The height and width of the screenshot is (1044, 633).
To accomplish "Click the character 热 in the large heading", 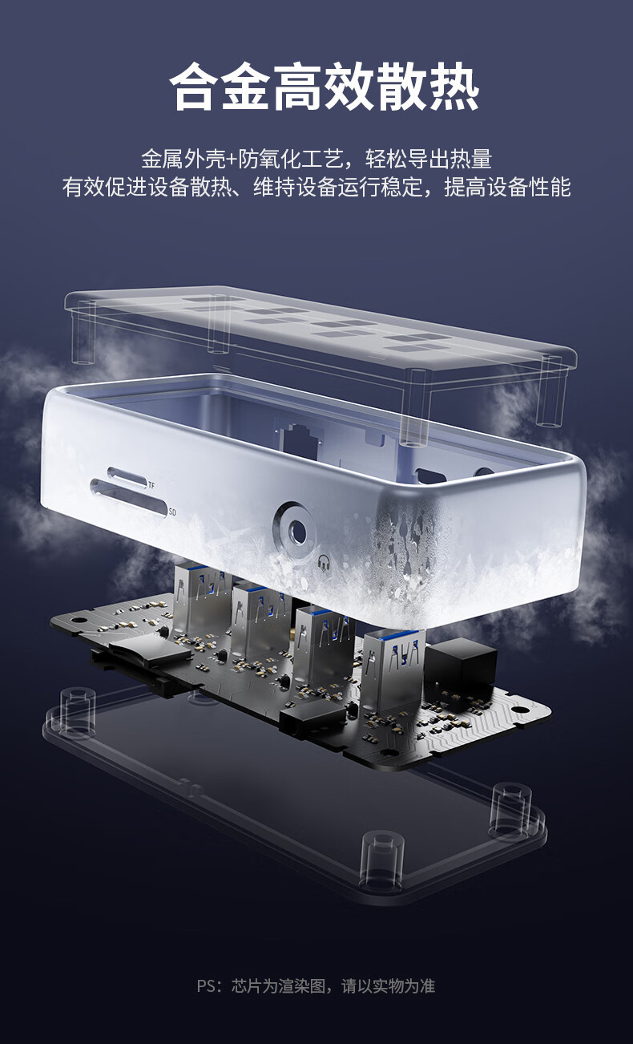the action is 454,87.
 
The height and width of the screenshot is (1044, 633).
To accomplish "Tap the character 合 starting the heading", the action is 195,87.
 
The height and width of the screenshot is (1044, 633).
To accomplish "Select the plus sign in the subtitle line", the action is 232,160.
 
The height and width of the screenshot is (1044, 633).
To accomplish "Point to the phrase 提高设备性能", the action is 507,188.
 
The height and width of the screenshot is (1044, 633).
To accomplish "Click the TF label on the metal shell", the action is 151,486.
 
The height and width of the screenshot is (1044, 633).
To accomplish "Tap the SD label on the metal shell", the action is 172,512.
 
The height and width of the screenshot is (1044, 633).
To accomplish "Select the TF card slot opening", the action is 127,477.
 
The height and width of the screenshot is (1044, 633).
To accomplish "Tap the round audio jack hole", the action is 296,530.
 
